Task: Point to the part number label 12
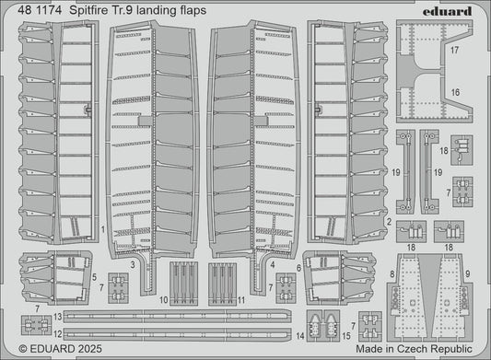tap(57, 329)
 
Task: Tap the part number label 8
tap(392, 248)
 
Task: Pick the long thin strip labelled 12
tap(175, 329)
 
